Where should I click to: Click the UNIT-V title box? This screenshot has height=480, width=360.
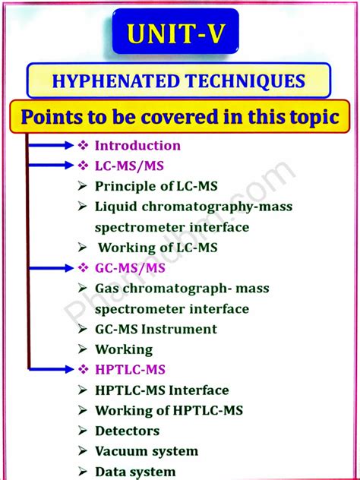(175, 33)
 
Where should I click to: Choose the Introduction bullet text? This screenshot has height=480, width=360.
(137, 145)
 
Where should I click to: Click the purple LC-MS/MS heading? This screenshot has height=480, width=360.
(129, 166)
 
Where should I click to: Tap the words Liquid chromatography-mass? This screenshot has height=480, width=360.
(193, 207)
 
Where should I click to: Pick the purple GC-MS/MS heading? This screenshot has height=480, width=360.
(130, 268)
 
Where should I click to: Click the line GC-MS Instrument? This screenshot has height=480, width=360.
(156, 329)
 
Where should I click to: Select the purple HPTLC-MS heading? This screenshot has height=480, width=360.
(130, 370)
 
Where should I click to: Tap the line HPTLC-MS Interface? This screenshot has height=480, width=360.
(161, 390)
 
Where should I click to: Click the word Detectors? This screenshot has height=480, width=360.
(127, 431)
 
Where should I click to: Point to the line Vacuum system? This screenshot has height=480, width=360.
(146, 451)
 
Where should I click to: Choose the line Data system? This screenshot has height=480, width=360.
(135, 472)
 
